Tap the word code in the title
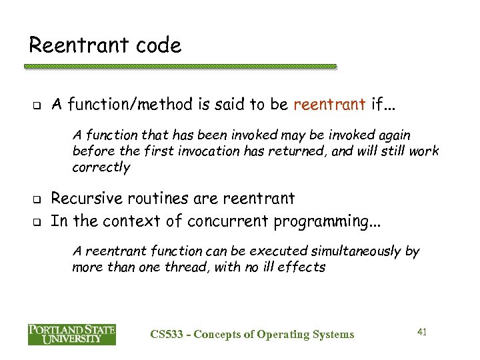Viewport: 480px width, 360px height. [x=158, y=45]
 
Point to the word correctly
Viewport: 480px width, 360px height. [x=101, y=167]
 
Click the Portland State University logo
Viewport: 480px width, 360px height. [x=71, y=333]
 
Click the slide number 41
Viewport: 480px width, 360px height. [x=421, y=331]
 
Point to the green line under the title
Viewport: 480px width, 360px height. [x=180, y=67]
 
